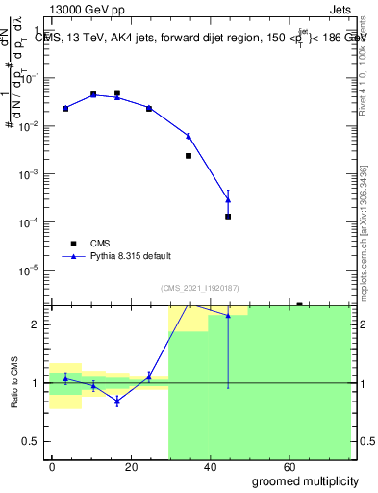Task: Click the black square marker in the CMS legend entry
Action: [x=70, y=244]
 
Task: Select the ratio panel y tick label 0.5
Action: [x=34, y=441]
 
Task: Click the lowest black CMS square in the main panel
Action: [x=228, y=217]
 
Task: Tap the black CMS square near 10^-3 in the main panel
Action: [x=189, y=156]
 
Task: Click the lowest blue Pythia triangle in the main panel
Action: [x=228, y=199]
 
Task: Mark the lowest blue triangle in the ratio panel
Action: [x=117, y=401]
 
